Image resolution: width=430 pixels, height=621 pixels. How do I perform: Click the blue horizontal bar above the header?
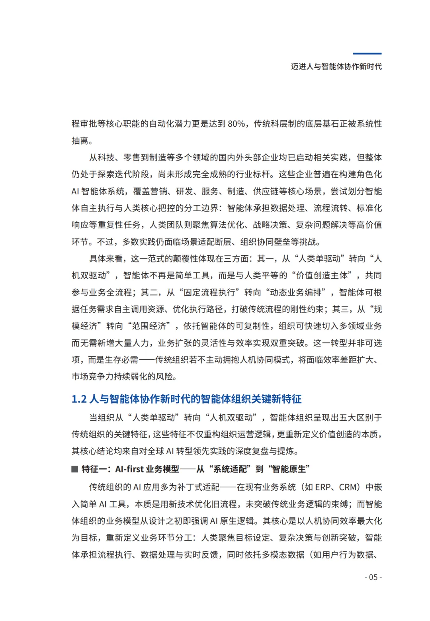click(x=367, y=53)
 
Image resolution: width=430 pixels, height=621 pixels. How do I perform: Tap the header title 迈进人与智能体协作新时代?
click(x=336, y=67)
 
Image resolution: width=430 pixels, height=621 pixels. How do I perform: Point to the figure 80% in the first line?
click(x=236, y=124)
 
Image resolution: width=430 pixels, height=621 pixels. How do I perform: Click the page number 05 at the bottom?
click(x=373, y=577)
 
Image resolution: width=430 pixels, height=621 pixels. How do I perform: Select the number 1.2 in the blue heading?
click(x=79, y=399)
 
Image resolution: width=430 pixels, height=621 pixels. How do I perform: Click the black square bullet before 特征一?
click(x=74, y=469)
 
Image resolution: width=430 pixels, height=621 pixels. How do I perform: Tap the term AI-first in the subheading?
click(x=129, y=469)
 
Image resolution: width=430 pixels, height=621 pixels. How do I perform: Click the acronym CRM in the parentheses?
click(x=348, y=487)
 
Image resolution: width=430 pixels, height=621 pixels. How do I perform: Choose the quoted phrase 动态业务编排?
click(x=295, y=292)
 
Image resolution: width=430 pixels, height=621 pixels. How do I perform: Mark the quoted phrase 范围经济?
click(x=149, y=326)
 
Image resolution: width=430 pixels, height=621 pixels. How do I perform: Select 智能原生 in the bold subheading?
click(x=289, y=469)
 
